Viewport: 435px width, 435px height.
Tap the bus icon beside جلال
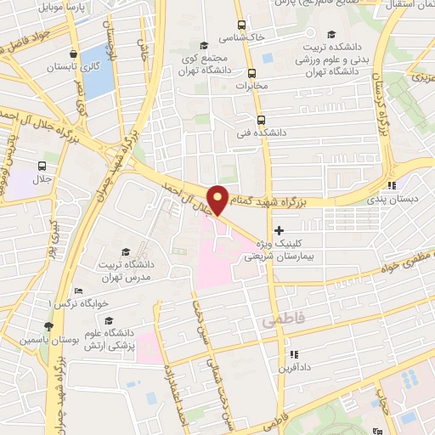42,166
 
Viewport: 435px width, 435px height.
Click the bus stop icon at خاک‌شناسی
242,25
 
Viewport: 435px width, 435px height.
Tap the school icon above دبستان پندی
391,185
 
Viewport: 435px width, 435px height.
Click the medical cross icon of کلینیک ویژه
280,230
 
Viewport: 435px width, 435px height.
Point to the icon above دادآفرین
293,354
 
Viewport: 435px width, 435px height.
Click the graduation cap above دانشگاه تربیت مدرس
126,251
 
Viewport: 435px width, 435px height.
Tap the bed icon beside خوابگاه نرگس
78,291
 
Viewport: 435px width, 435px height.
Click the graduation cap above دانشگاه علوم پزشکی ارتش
109,321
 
